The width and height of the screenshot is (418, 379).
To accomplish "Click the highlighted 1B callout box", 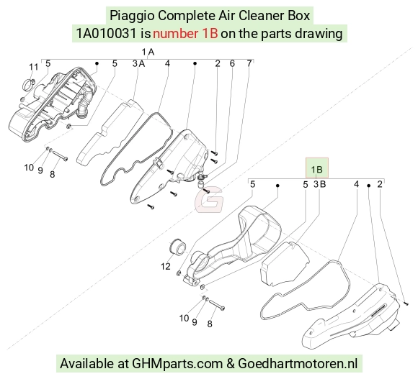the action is coord(316,168).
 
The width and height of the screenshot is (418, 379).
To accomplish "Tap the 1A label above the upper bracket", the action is coord(148,52).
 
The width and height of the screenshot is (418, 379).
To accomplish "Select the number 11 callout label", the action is coord(34,67).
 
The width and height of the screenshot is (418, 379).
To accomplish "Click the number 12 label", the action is coord(166,266).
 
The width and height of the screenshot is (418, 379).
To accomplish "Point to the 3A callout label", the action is coord(138,63).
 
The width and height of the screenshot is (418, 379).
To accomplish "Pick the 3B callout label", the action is coord(319,184).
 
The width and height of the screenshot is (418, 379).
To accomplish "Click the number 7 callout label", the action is coord(249,63).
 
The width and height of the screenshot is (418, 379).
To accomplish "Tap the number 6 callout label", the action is coord(232,63).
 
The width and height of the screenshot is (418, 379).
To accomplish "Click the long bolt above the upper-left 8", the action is coord(60,155).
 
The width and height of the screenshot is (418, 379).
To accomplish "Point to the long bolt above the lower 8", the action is coord(217,305).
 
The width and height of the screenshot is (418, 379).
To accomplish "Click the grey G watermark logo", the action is coord(209,200).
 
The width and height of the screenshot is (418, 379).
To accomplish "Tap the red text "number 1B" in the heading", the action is coord(185,34).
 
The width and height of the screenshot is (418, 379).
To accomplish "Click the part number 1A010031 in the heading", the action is coord(107,34).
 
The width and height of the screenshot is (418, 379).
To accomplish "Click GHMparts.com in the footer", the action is coord(177,363).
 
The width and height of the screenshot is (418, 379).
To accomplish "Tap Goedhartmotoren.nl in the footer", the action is coord(298,363).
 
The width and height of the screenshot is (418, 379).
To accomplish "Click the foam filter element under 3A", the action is coord(110,132).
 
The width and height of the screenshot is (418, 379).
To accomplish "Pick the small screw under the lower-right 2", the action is coord(406,303).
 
